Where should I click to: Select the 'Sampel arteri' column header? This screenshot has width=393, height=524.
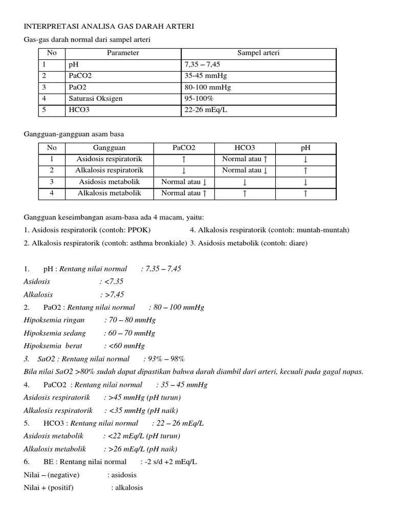click(x=258, y=53)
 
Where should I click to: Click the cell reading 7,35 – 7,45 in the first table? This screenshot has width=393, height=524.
click(x=203, y=65)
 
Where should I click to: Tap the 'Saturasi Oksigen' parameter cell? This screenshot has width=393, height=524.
click(x=95, y=98)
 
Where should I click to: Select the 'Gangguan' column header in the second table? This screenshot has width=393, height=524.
click(x=109, y=147)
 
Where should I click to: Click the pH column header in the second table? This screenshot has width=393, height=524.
click(x=305, y=147)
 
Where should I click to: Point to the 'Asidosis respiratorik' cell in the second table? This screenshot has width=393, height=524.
click(x=110, y=159)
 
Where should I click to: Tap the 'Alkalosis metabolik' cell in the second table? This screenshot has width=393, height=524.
click(x=109, y=193)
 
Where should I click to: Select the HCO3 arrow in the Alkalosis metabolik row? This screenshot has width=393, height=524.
click(x=245, y=193)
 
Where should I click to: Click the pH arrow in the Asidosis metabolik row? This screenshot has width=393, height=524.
click(x=305, y=182)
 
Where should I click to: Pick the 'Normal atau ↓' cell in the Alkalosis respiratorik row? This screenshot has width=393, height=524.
click(x=245, y=170)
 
